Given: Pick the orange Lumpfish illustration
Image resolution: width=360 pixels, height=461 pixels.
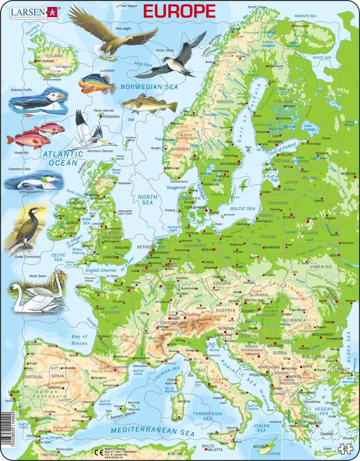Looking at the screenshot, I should pyautogui.click(x=97, y=83).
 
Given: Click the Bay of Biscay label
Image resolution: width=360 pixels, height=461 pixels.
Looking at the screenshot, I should pyautogui.click(x=79, y=340).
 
